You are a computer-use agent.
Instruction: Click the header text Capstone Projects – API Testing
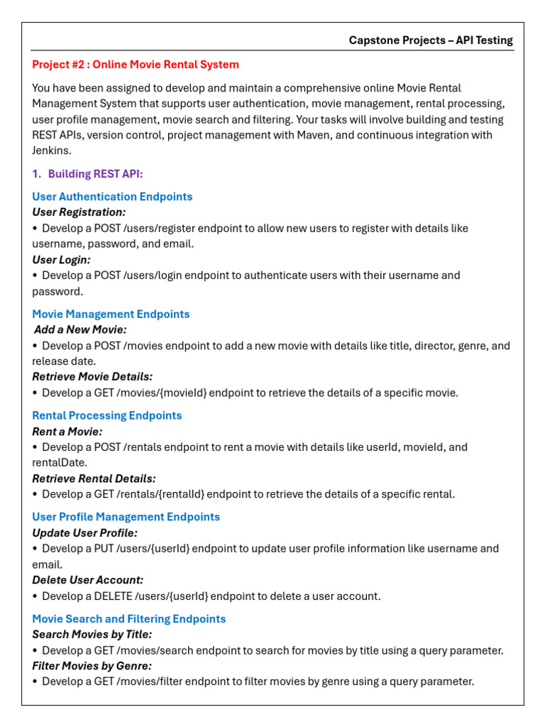[431, 40]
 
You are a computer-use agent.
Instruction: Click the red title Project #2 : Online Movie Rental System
[136, 65]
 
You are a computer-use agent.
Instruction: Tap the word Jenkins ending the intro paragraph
[51, 151]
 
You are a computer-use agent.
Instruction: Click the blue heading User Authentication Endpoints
[112, 197]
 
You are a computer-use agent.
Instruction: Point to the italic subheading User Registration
[79, 212]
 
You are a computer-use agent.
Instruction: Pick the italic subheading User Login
[61, 260]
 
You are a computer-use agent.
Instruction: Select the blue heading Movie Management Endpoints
[111, 314]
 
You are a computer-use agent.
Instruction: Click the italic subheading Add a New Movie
[80, 329]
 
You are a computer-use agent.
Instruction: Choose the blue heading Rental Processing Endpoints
[107, 415]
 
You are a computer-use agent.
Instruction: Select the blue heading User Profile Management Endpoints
[126, 517]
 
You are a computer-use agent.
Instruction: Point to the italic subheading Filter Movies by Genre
[92, 666]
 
